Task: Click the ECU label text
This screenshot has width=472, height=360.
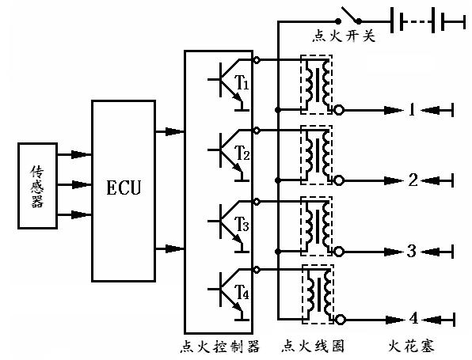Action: click(x=124, y=188)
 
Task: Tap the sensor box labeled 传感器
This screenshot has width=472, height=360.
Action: click(x=38, y=186)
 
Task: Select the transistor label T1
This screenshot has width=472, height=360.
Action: click(x=242, y=83)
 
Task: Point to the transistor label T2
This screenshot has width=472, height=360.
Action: click(x=242, y=153)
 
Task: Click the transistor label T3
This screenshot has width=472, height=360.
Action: click(x=242, y=224)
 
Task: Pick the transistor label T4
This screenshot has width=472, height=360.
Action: click(x=242, y=292)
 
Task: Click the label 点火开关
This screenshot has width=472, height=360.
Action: click(x=344, y=36)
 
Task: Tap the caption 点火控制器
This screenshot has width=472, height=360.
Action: click(x=219, y=347)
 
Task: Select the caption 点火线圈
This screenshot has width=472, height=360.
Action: click(x=313, y=347)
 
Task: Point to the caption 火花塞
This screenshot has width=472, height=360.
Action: click(x=411, y=347)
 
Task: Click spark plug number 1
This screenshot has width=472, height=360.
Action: click(x=413, y=110)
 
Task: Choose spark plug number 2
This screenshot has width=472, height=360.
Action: click(x=413, y=180)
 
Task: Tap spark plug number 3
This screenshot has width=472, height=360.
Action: click(x=412, y=251)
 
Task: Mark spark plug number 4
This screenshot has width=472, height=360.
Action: click(x=414, y=319)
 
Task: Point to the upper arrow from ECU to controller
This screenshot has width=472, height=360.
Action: click(x=169, y=131)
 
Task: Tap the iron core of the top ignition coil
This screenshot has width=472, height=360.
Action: click(x=318, y=85)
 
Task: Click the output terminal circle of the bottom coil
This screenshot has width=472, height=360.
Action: click(x=341, y=320)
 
